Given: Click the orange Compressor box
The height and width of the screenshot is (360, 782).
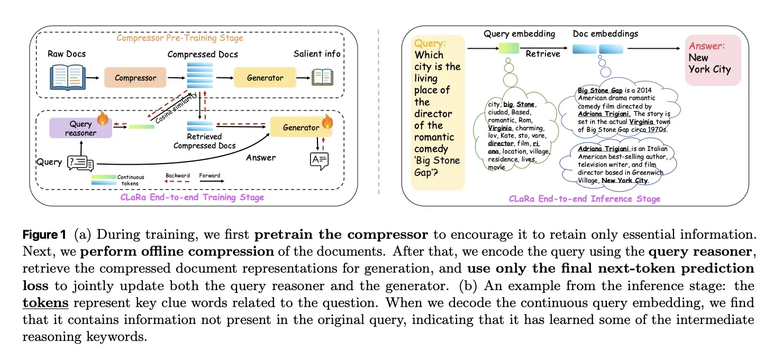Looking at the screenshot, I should pyautogui.click(x=135, y=78).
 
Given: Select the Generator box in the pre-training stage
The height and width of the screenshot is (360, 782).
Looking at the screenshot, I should pyautogui.click(x=265, y=78).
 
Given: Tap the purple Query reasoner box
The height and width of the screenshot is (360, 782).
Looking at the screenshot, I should pyautogui.click(x=80, y=128).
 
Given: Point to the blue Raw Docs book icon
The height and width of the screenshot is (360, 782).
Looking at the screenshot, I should pyautogui.click(x=67, y=77).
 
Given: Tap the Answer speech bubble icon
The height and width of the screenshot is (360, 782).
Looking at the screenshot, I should pyautogui.click(x=319, y=160).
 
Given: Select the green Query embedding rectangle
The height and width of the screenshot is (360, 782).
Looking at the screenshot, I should pyautogui.click(x=509, y=49).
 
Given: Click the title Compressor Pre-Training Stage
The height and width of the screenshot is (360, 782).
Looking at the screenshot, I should pyautogui.click(x=179, y=38).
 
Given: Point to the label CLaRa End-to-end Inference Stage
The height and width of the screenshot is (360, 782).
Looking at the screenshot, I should pyautogui.click(x=585, y=199).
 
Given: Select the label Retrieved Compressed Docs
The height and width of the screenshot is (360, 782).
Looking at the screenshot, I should pyautogui.click(x=204, y=141).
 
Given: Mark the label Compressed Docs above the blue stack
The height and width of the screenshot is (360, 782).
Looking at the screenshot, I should pyautogui.click(x=203, y=54).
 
